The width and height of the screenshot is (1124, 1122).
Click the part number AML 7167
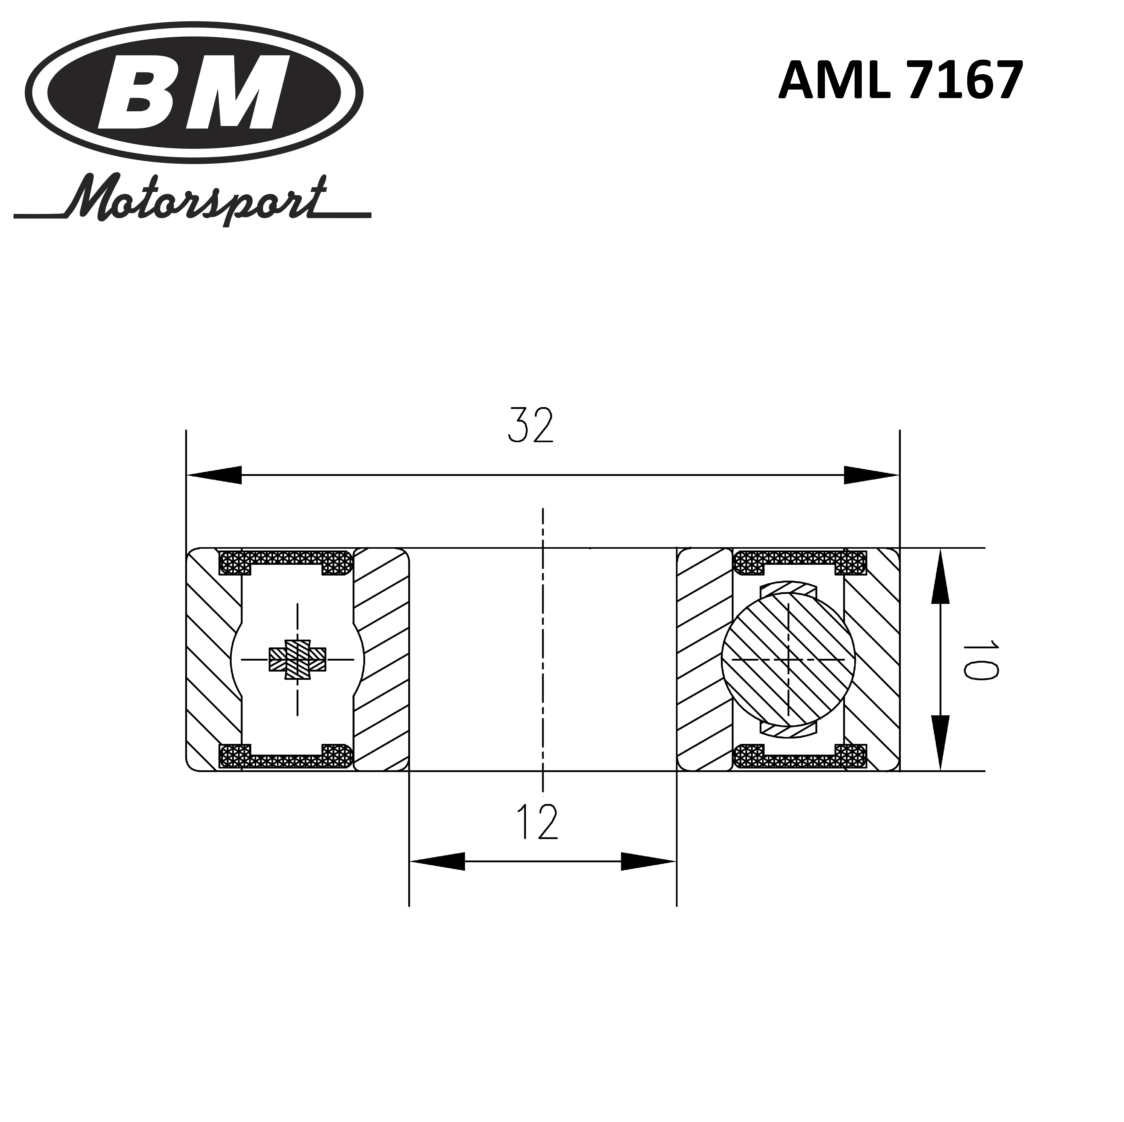click(901, 81)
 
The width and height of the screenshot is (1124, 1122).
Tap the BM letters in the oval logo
click(195, 93)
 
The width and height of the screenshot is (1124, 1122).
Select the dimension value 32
click(531, 425)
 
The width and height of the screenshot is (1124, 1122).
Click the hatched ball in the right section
click(788, 660)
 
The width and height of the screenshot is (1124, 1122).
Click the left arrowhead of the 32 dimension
click(214, 475)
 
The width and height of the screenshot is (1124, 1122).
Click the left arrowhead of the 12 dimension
click(438, 861)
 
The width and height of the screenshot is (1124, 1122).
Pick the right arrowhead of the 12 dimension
click(648, 861)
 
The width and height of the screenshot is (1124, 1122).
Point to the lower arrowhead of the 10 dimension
click(940, 743)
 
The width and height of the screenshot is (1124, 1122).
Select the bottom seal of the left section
click(286, 758)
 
